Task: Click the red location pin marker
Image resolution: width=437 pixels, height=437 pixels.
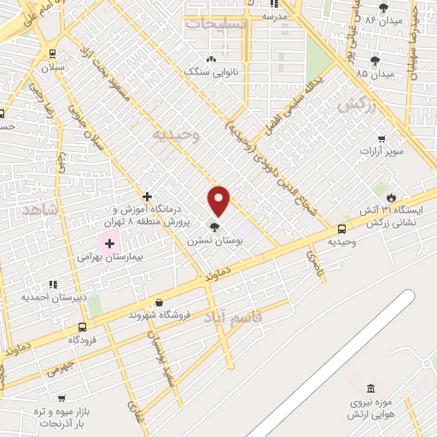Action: point(219,200)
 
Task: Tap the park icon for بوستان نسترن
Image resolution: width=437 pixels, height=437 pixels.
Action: point(213,227)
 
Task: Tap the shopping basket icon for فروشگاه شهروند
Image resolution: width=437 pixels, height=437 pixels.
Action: point(160,301)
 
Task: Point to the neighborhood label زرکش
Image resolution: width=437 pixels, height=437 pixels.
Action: point(357,104)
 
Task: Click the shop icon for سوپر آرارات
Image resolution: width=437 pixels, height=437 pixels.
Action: point(381,137)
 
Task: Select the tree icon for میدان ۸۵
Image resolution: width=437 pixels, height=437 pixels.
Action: point(375,60)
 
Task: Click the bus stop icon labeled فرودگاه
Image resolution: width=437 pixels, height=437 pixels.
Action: point(82,327)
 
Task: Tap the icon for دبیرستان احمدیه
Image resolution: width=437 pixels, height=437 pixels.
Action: point(53,284)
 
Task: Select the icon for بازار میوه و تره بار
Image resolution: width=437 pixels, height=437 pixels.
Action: point(61,398)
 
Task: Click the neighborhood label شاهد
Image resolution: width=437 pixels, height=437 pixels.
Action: point(41,209)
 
